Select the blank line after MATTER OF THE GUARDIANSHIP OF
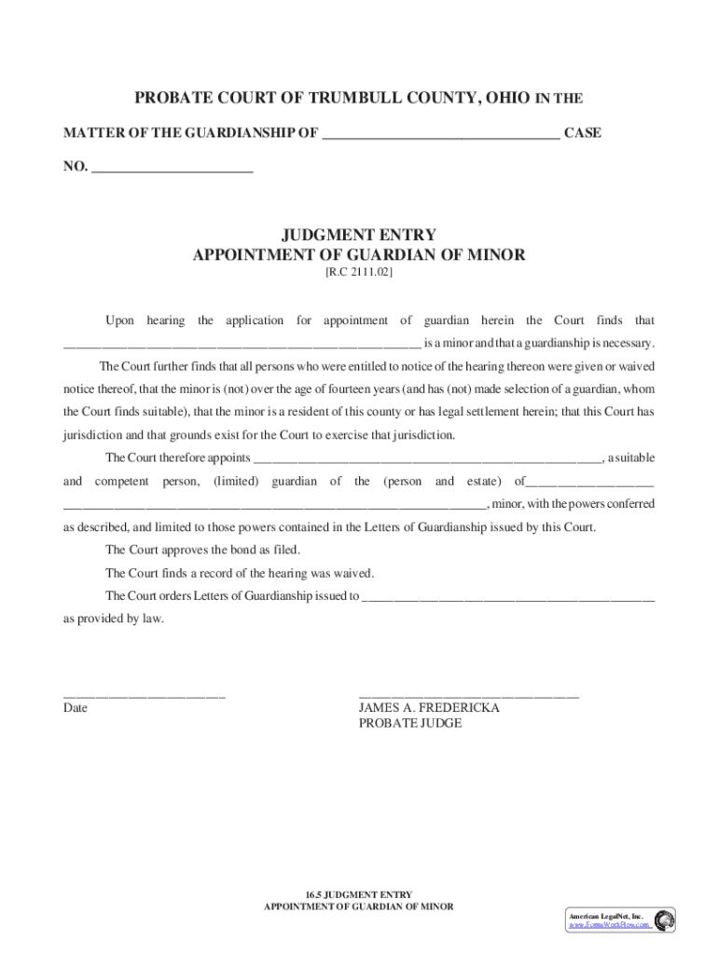tap(440, 135)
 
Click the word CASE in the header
tap(583, 133)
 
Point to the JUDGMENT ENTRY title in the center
tap(359, 235)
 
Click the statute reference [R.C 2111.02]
tap(359, 274)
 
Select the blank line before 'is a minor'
tap(242, 344)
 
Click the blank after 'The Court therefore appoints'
tap(428, 459)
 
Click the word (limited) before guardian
tap(238, 482)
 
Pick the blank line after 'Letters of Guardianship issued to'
tap(508, 598)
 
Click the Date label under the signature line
tap(76, 708)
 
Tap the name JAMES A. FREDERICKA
tap(429, 708)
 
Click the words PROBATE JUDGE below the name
tap(410, 724)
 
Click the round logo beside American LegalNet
tap(664, 920)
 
